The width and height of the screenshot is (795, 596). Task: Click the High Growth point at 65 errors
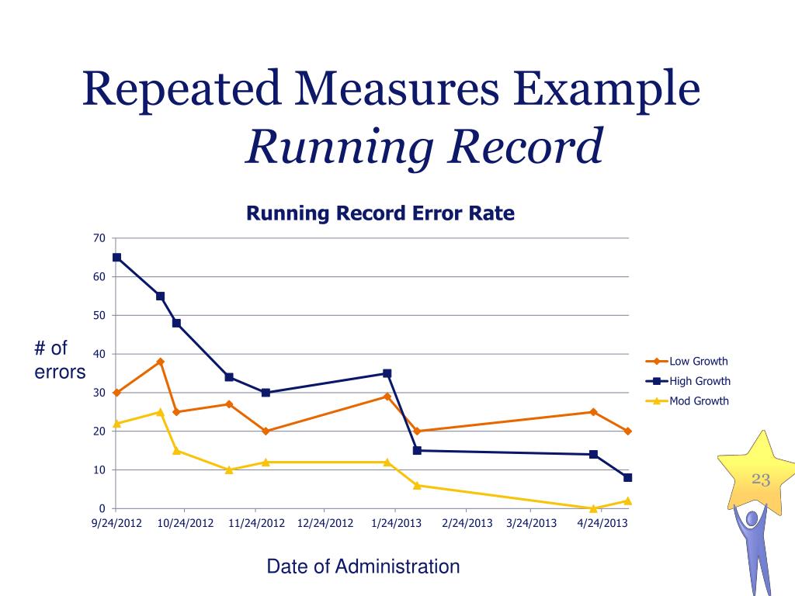[116, 257]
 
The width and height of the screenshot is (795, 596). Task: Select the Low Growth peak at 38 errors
[160, 362]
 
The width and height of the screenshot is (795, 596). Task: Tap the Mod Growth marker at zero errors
[593, 508]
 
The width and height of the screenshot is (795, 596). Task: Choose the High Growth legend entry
[700, 381]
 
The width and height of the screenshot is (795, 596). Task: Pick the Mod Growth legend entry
[699, 401]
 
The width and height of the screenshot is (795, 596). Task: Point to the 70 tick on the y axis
[99, 237]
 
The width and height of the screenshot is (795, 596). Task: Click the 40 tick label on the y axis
[99, 354]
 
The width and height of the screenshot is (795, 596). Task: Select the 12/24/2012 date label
[325, 523]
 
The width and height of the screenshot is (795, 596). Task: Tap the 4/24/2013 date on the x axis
[602, 523]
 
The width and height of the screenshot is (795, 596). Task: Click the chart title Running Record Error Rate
[380, 213]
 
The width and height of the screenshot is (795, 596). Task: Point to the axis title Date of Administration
[363, 567]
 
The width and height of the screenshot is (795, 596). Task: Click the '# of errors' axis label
[59, 361]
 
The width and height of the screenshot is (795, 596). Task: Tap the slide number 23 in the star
[761, 480]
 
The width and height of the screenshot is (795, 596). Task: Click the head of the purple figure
[752, 517]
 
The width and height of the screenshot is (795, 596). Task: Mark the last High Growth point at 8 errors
[627, 477]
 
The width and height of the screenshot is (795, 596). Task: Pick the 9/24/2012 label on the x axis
[116, 523]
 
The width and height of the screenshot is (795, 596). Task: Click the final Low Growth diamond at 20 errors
[627, 431]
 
